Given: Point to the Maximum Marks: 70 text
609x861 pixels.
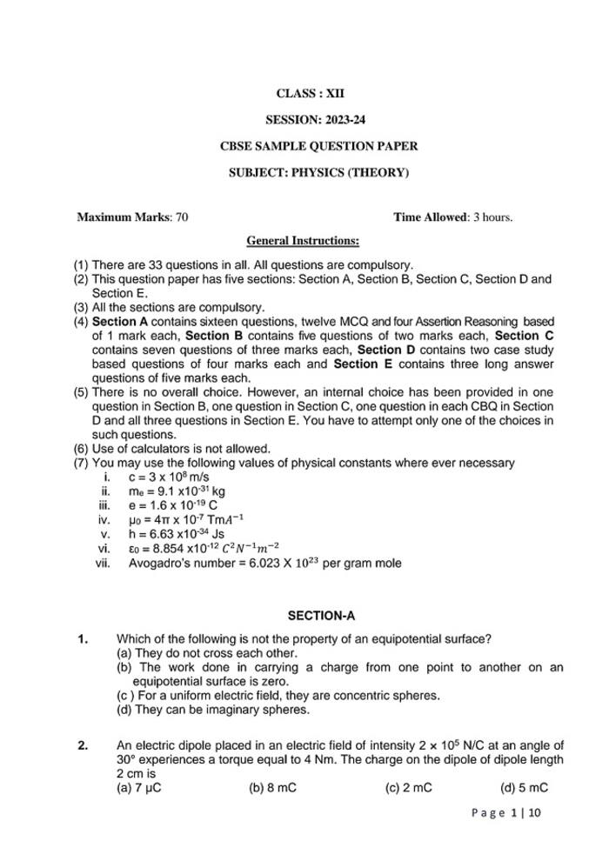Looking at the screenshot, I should coord(132,217).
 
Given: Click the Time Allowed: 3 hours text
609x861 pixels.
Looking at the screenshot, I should coord(452,217).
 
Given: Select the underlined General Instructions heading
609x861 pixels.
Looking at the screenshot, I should coord(303,240).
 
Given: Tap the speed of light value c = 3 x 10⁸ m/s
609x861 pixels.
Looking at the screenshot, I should coord(169,477).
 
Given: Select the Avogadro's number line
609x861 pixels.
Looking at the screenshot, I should coord(265,563).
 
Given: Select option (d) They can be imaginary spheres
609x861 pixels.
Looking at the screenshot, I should coord(212,710).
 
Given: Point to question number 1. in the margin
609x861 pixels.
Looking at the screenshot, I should coord(83,640).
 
